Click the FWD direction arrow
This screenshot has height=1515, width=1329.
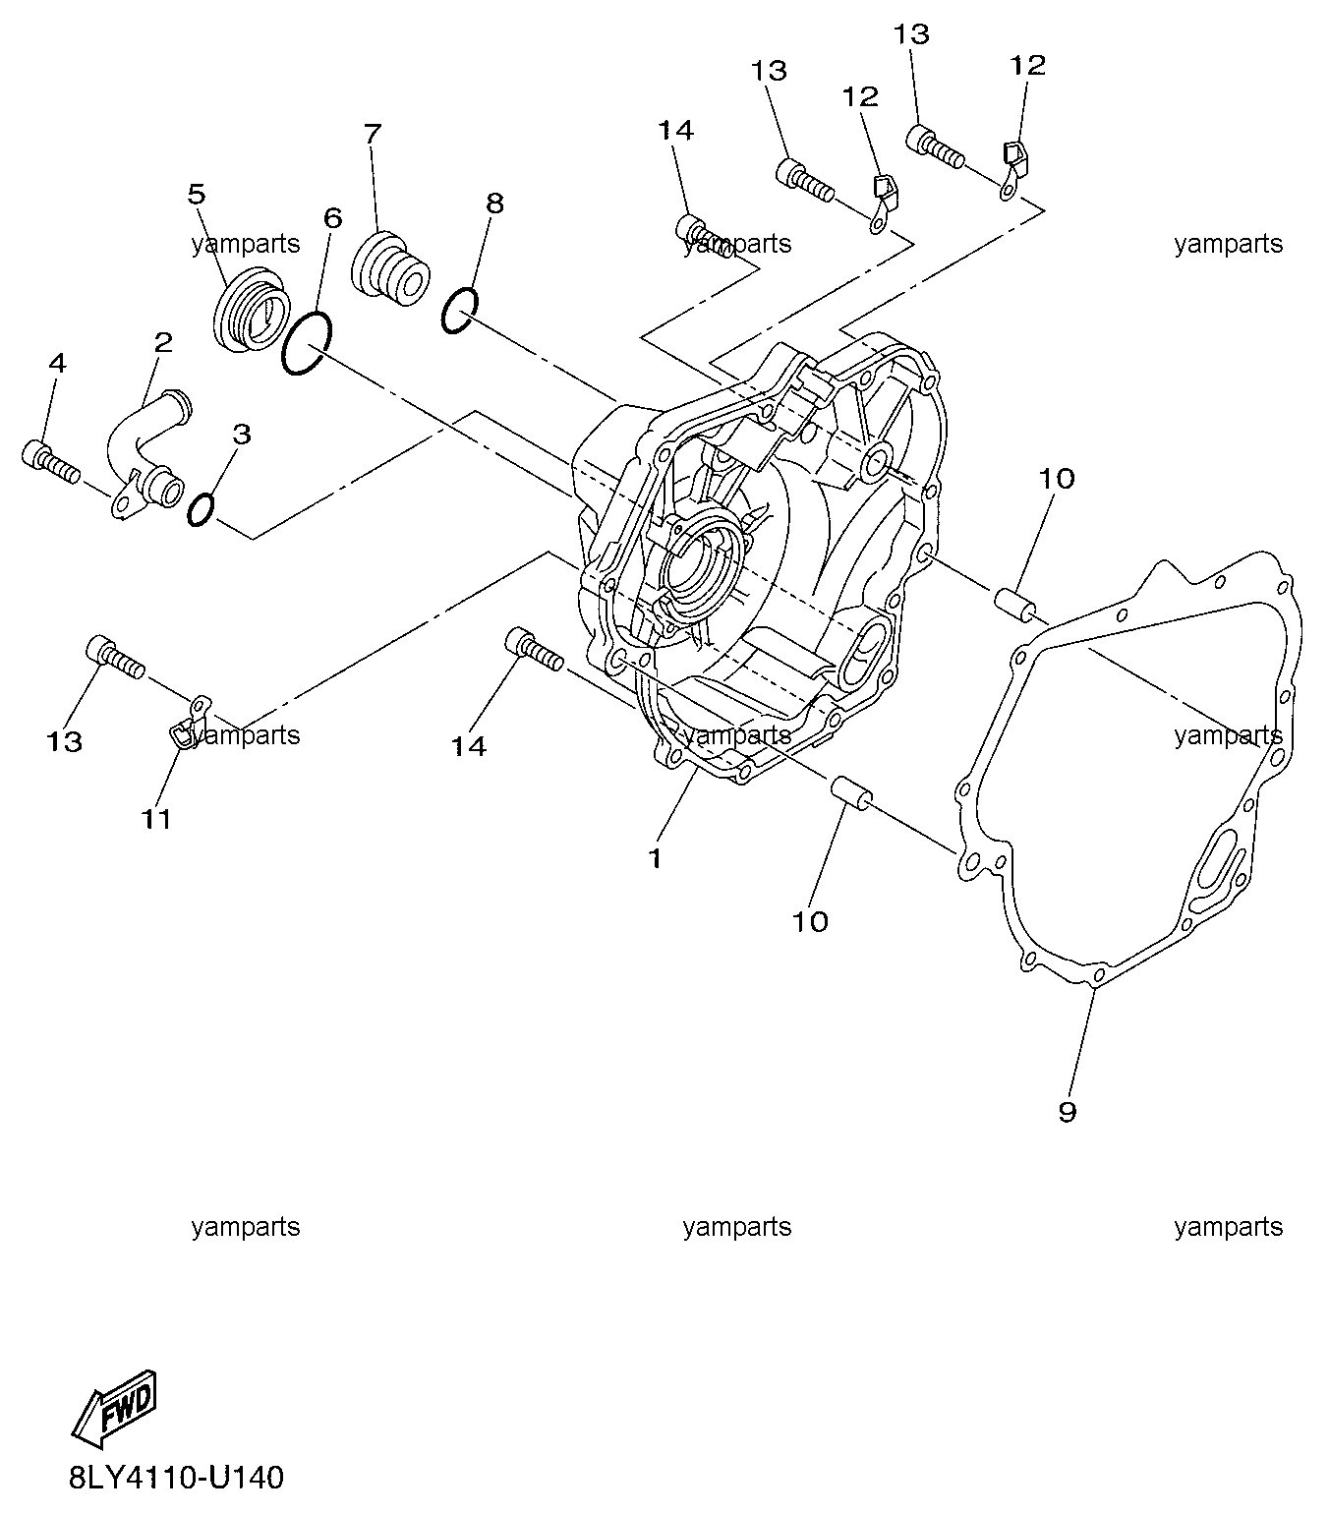(x=114, y=1411)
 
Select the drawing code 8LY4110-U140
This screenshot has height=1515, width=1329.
(x=177, y=1479)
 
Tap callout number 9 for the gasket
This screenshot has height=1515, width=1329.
(x=1068, y=1134)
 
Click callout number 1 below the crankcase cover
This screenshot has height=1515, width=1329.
(x=655, y=859)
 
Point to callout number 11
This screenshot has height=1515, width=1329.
(x=156, y=820)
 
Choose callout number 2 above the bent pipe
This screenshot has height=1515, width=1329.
(x=163, y=342)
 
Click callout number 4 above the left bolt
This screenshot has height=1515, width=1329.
(x=57, y=363)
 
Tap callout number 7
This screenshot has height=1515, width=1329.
(x=373, y=133)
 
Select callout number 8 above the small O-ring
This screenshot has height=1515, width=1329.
(x=494, y=204)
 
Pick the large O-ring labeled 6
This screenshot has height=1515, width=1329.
(x=307, y=343)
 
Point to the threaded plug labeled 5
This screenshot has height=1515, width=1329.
(x=252, y=310)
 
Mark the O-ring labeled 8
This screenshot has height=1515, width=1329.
(x=459, y=310)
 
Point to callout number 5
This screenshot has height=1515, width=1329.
(x=196, y=195)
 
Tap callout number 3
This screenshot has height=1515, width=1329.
(x=242, y=435)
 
